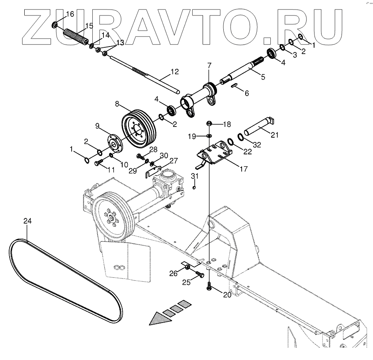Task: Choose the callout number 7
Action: click(209, 65)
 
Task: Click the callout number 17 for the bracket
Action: click(243, 169)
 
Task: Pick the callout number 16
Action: click(70, 14)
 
